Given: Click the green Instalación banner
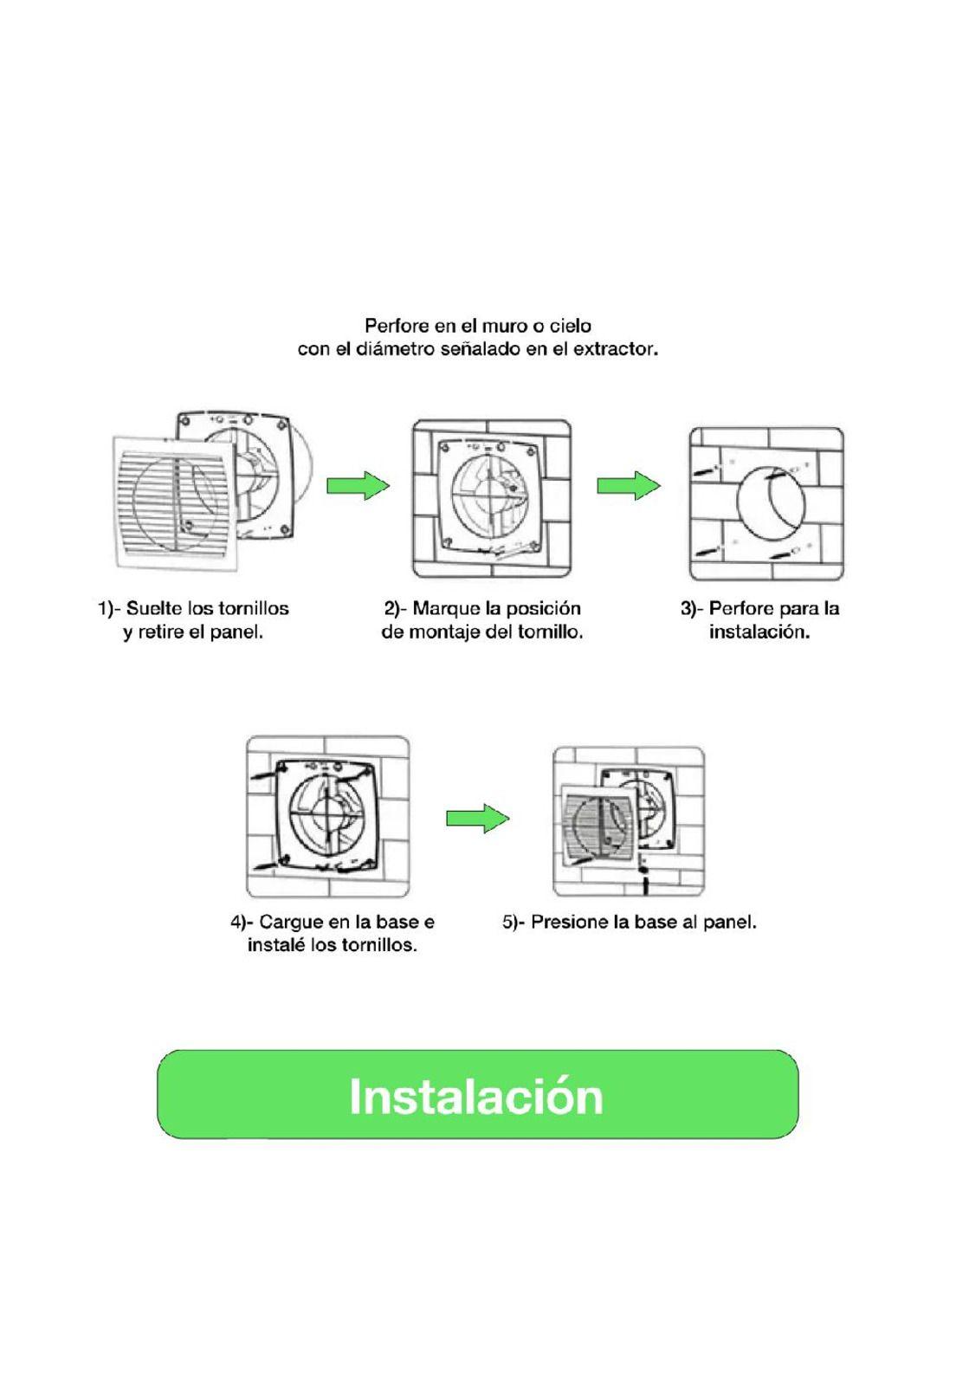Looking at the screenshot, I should [477, 1094].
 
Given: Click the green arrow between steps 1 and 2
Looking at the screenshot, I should [357, 485].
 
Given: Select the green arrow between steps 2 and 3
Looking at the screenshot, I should [628, 485].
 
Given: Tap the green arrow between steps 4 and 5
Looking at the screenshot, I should [477, 818].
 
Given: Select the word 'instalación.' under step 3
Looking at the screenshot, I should [759, 631].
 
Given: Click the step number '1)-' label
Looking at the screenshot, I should [108, 608].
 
